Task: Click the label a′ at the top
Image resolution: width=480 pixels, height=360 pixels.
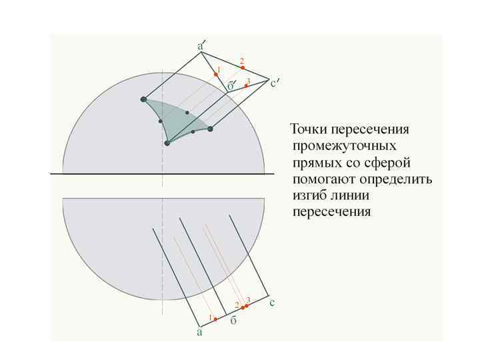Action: tap(201, 46)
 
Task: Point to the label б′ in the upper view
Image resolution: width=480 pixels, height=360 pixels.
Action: tap(231, 86)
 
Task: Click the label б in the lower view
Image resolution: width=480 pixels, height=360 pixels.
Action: tap(233, 321)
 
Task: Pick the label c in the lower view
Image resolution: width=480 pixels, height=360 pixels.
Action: tap(272, 303)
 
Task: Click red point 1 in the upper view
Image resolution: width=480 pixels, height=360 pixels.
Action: tap(216, 74)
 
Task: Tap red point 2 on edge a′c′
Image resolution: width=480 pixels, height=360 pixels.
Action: tap(241, 67)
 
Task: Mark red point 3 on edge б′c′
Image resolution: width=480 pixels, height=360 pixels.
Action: tap(246, 85)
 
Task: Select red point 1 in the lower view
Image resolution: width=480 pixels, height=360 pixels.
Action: tap(215, 319)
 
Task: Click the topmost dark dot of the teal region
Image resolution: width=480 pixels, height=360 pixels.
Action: tap(143, 99)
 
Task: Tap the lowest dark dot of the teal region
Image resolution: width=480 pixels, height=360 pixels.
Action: tap(167, 143)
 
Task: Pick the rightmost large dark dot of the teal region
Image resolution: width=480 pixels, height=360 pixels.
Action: tap(210, 129)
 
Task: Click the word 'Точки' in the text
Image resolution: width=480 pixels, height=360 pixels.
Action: tap(309, 129)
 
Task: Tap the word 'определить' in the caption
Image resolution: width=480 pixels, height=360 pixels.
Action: tap(397, 179)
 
